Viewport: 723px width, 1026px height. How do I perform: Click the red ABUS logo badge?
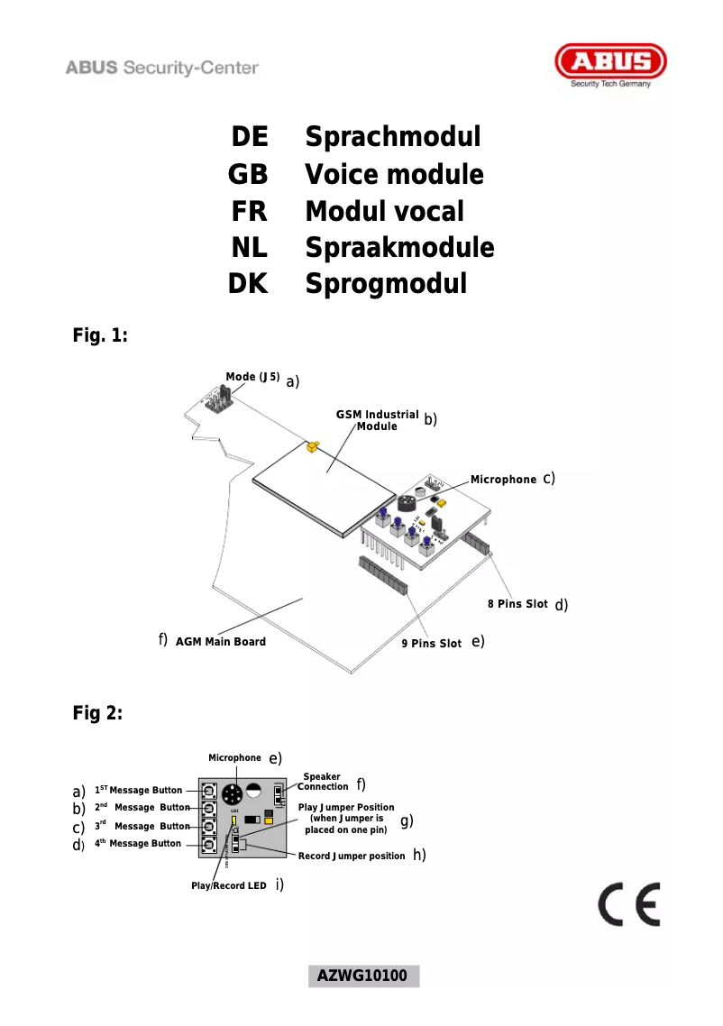pos(610,64)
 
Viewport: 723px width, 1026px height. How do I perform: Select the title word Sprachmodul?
pos(392,137)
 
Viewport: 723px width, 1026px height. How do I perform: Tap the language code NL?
pos(250,247)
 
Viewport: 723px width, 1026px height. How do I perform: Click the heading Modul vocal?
pos(384,211)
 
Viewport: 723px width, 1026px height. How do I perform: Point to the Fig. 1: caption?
pos(100,336)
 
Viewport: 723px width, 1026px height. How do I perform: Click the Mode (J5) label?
pos(252,377)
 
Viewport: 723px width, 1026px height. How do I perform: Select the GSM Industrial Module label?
pos(378,420)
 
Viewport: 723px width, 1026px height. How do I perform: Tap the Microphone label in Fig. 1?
pos(503,480)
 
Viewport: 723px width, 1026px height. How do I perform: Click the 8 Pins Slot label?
pos(517,604)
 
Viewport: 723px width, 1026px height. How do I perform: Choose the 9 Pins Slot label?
pos(431,644)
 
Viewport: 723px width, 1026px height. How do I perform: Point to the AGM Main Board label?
pos(220,642)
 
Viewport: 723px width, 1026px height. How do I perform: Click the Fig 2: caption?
pos(97,713)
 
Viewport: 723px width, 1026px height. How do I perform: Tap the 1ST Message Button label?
pos(138,791)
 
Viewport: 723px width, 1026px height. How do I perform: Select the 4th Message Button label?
pos(138,844)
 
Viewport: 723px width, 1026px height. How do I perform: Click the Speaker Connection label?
pos(321,782)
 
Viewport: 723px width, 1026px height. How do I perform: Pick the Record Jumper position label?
pos(352,856)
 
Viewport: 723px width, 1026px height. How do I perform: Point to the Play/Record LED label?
pos(228,886)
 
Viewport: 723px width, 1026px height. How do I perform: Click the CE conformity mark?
pos(629,905)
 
